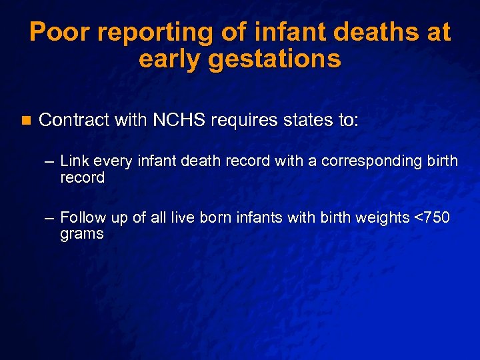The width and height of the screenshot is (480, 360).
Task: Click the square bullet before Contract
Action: point(25,121)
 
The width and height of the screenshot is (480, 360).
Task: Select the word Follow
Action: point(81,217)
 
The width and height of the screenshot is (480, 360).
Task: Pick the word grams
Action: point(81,234)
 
